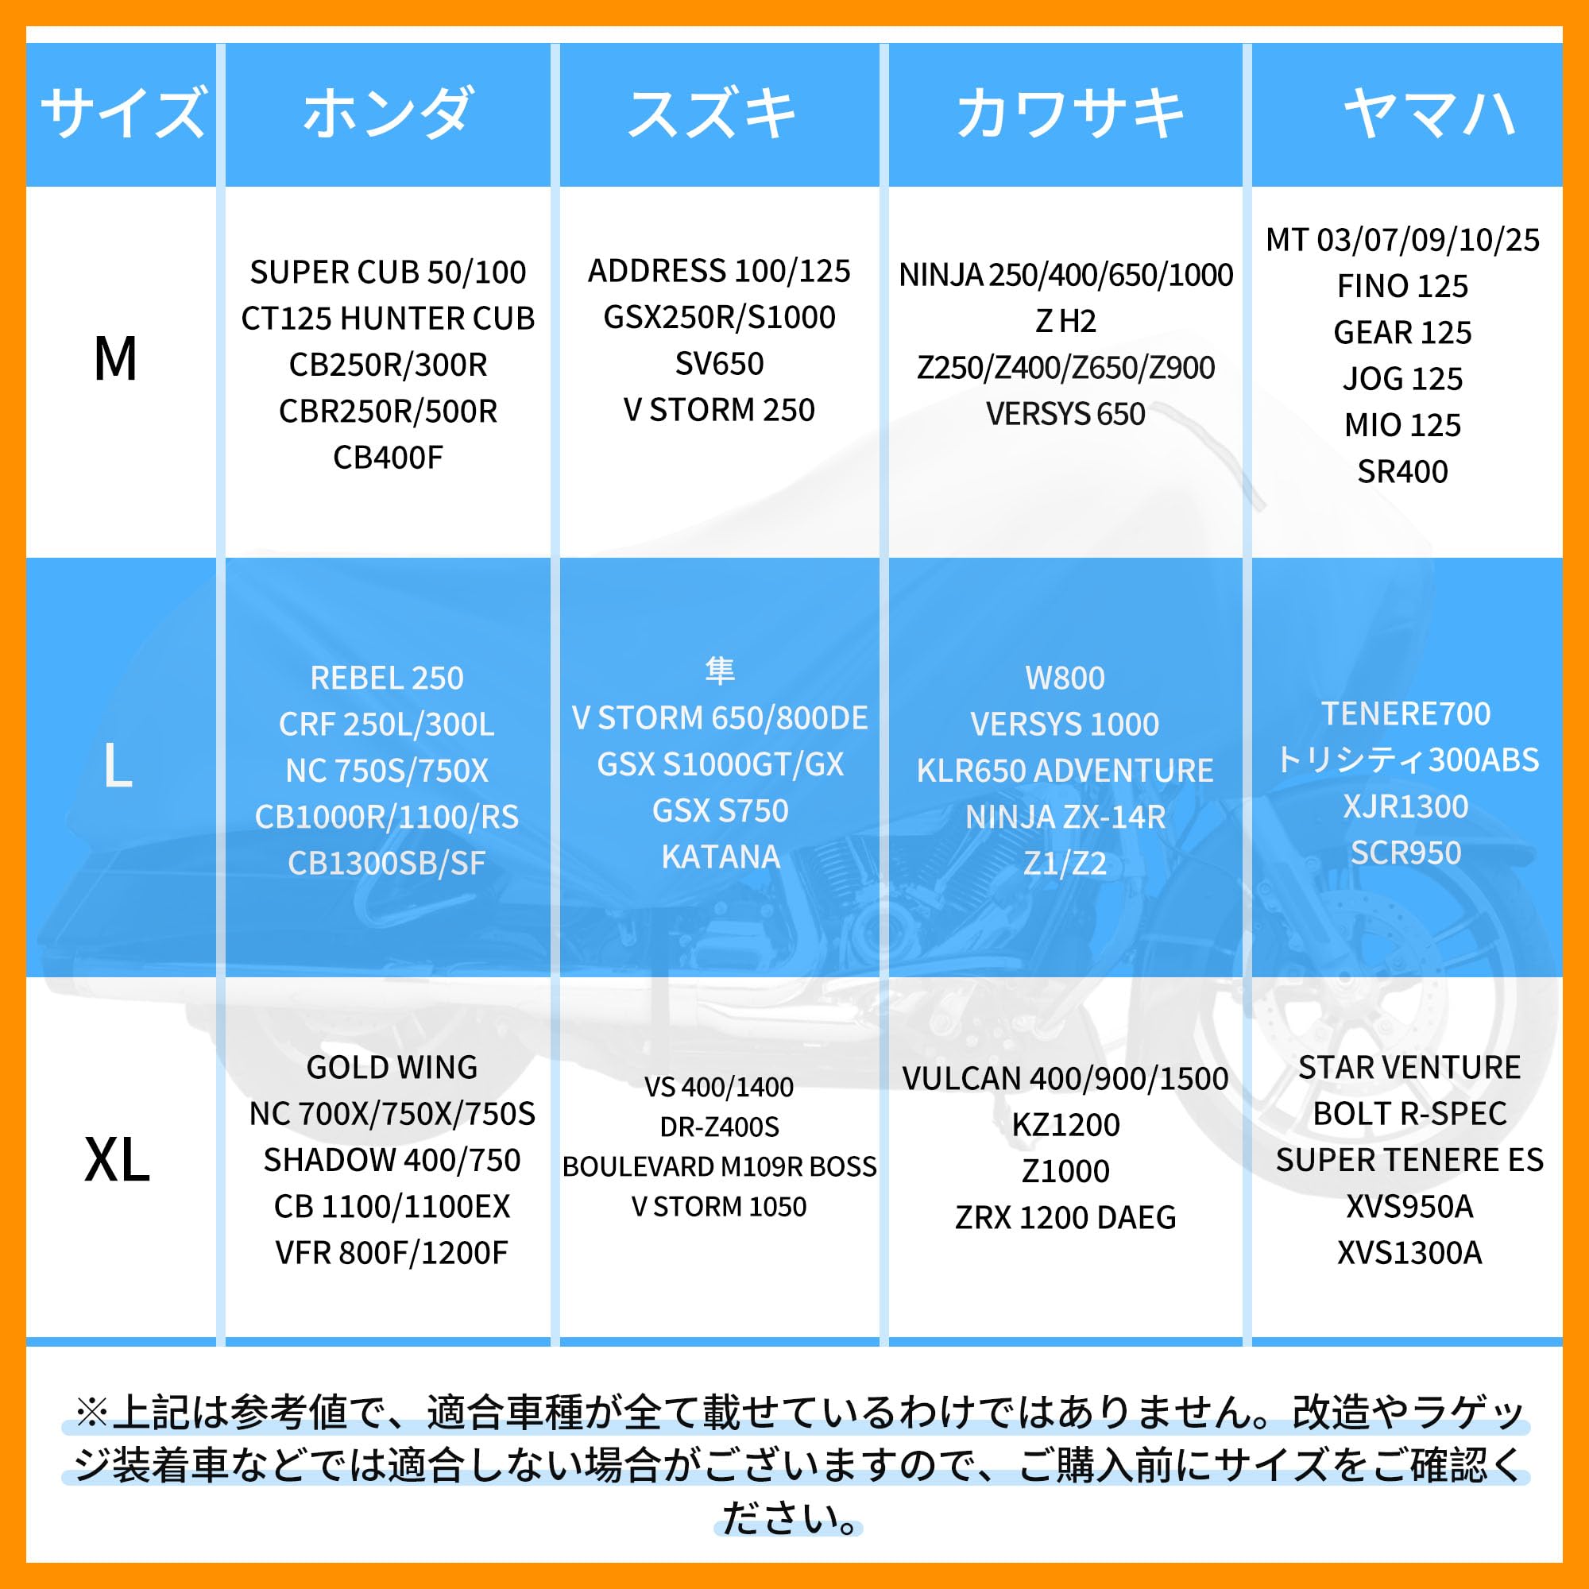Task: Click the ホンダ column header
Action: pos(388,113)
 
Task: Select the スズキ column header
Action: pos(712,113)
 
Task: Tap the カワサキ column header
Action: pos(1070,113)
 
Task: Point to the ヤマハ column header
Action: pos(1429,113)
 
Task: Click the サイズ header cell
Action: pos(122,113)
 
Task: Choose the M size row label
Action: pos(115,359)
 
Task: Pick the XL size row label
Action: pos(117,1161)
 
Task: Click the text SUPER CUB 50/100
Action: pos(388,273)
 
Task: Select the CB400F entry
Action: pos(388,458)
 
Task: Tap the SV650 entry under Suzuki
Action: pos(719,364)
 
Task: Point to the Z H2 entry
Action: pos(1065,321)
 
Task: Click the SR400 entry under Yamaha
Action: pos(1402,471)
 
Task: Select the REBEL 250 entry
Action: pos(387,678)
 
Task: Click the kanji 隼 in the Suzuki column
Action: pos(720,671)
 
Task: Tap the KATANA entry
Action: pos(721,857)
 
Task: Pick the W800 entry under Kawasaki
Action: pos(1065,678)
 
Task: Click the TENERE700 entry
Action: pos(1405,713)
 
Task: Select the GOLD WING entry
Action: pos(392,1068)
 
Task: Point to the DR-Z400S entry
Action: pos(719,1127)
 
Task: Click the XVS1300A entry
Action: pos(1409,1253)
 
